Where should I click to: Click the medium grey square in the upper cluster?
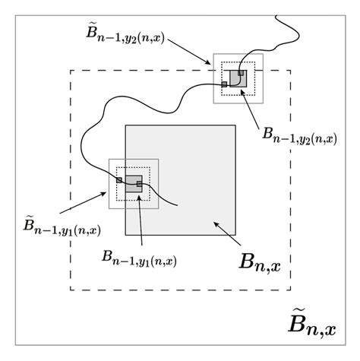pyautogui.click(x=235, y=77)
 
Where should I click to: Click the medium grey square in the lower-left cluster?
pyautogui.click(x=134, y=183)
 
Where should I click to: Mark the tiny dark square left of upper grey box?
pyautogui.click(x=225, y=83)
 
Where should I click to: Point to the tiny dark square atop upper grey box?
pyautogui.click(x=242, y=72)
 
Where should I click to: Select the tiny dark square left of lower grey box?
pyautogui.click(x=119, y=179)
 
